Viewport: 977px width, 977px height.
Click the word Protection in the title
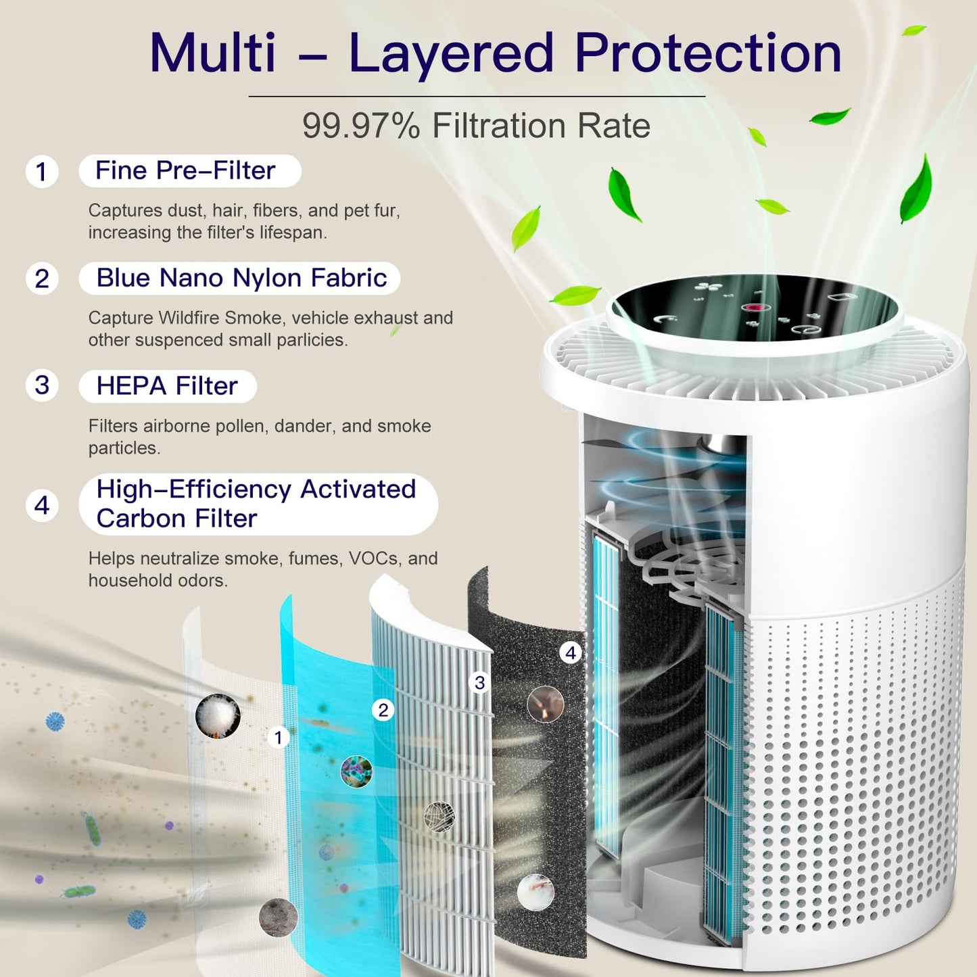[x=708, y=53]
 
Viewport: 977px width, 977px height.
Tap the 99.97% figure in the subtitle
[x=362, y=125]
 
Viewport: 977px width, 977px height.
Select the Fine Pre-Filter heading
[x=185, y=170]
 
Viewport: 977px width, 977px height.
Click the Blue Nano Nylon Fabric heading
[x=241, y=278]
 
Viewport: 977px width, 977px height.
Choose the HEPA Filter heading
[x=167, y=386]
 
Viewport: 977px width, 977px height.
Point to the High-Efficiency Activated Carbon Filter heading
[x=256, y=504]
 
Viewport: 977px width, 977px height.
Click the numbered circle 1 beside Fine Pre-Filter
[x=42, y=171]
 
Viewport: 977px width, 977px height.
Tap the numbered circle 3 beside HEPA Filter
[x=42, y=385]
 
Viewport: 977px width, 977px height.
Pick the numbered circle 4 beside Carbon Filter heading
[x=42, y=506]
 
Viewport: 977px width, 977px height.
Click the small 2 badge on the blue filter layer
[x=383, y=710]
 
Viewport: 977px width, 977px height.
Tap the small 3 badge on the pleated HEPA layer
[x=479, y=682]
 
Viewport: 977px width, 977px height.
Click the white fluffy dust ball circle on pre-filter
[x=218, y=716]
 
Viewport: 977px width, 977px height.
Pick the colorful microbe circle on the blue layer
[x=356, y=771]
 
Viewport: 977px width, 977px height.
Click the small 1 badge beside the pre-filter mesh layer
[x=278, y=738]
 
